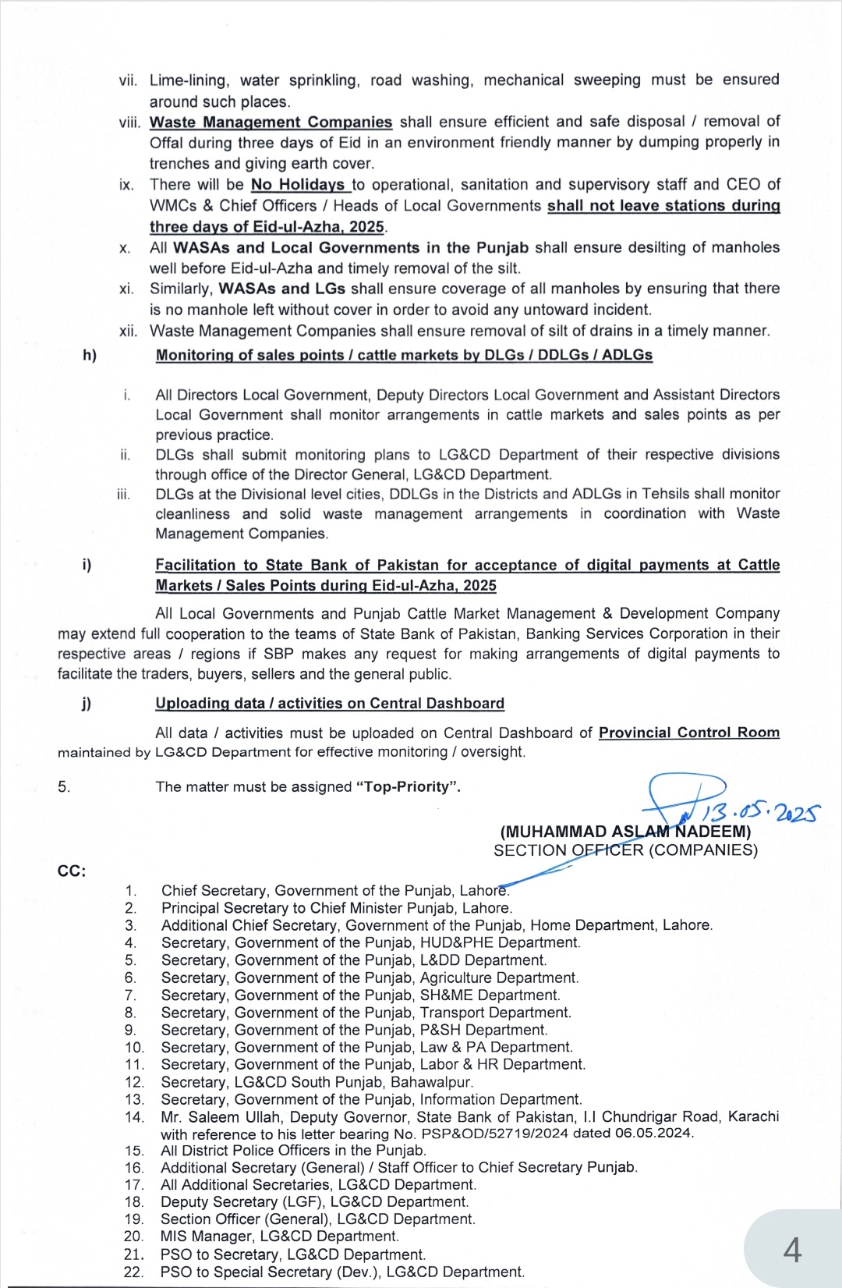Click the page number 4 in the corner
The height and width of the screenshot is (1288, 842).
pyautogui.click(x=792, y=1250)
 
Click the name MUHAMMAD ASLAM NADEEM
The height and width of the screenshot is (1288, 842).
pyautogui.click(x=625, y=832)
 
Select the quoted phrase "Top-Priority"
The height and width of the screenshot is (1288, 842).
pyautogui.click(x=408, y=786)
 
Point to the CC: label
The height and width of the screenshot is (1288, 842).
pyautogui.click(x=72, y=871)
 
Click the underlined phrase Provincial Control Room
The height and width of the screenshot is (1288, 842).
pyautogui.click(x=689, y=732)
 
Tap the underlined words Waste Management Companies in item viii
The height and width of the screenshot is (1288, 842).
pyautogui.click(x=271, y=122)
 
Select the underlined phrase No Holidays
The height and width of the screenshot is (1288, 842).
pyautogui.click(x=298, y=185)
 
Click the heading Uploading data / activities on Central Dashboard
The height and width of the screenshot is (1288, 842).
pyautogui.click(x=330, y=703)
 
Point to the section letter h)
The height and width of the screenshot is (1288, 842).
pyautogui.click(x=90, y=355)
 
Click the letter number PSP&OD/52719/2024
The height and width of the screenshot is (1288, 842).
pyautogui.click(x=494, y=1134)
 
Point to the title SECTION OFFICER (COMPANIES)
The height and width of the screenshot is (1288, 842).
pyautogui.click(x=625, y=850)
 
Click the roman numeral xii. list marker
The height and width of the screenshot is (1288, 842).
pyautogui.click(x=129, y=331)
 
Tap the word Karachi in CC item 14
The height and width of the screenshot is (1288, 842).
pyautogui.click(x=753, y=1116)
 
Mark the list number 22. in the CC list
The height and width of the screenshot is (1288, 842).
pyautogui.click(x=134, y=1272)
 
